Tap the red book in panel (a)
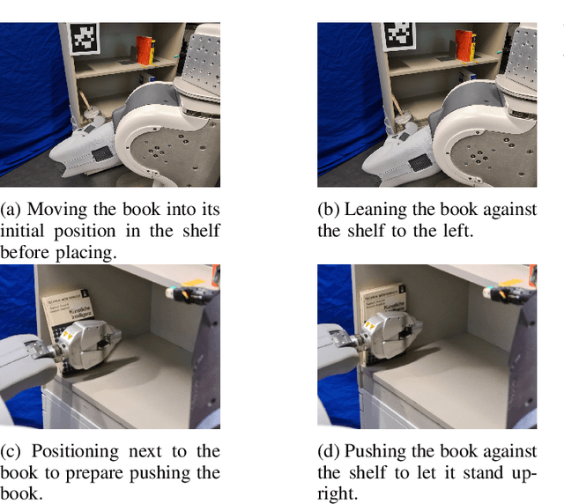coord(145,50)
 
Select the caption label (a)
coord(11,210)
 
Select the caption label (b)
coord(328,210)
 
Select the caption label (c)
coord(10,451)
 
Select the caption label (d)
coord(328,451)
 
